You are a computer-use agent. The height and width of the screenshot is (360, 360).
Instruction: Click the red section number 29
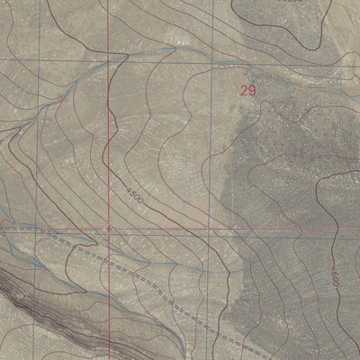click(x=249, y=90)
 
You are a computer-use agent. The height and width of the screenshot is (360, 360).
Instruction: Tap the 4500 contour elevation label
click(x=132, y=192)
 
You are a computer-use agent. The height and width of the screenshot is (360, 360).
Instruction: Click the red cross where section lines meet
click(x=108, y=229)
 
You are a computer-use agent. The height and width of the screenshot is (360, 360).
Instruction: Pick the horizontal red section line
click(x=225, y=230)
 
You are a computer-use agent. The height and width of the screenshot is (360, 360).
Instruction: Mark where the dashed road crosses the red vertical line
click(x=108, y=255)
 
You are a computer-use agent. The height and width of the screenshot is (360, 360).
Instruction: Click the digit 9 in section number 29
click(x=255, y=90)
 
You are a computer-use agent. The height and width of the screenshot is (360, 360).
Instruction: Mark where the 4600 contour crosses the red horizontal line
click(x=345, y=231)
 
